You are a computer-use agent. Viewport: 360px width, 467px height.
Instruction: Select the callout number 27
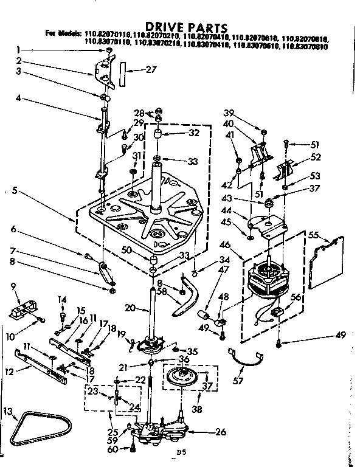point(152,69)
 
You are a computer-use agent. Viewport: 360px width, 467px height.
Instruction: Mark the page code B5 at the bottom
point(180,452)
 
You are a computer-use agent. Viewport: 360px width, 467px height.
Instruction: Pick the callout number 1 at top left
point(19,50)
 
